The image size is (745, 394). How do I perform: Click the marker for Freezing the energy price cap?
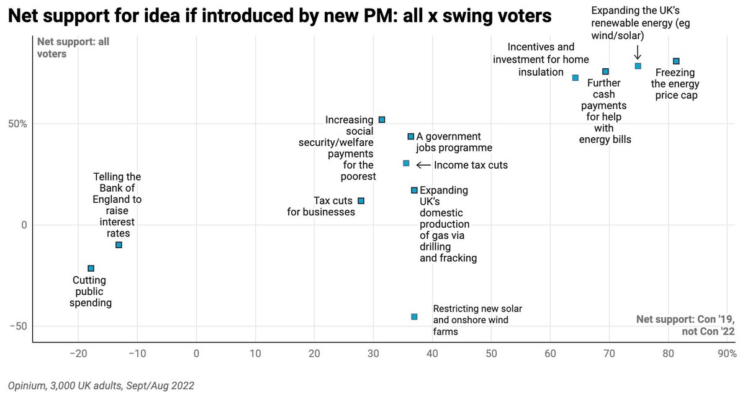[676, 61]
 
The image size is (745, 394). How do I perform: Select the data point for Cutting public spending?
[91, 268]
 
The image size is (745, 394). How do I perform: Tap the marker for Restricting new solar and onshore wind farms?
[414, 316]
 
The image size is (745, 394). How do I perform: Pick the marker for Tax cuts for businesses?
[361, 200]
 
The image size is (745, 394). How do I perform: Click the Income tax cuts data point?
[406, 163]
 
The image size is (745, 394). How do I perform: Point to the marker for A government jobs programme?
[410, 136]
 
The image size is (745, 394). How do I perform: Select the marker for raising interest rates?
[119, 244]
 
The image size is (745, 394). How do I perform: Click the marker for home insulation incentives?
[575, 78]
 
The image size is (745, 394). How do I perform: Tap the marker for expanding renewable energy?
[638, 66]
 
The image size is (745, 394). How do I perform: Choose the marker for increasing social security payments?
[381, 119]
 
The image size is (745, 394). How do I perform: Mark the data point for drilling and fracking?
[414, 190]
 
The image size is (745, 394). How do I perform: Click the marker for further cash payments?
[605, 71]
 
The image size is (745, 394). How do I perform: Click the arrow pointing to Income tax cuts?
[423, 165]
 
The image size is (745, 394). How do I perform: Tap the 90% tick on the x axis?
[726, 354]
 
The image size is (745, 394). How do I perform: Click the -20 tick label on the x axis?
[78, 354]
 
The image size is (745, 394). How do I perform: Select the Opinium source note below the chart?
[101, 385]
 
